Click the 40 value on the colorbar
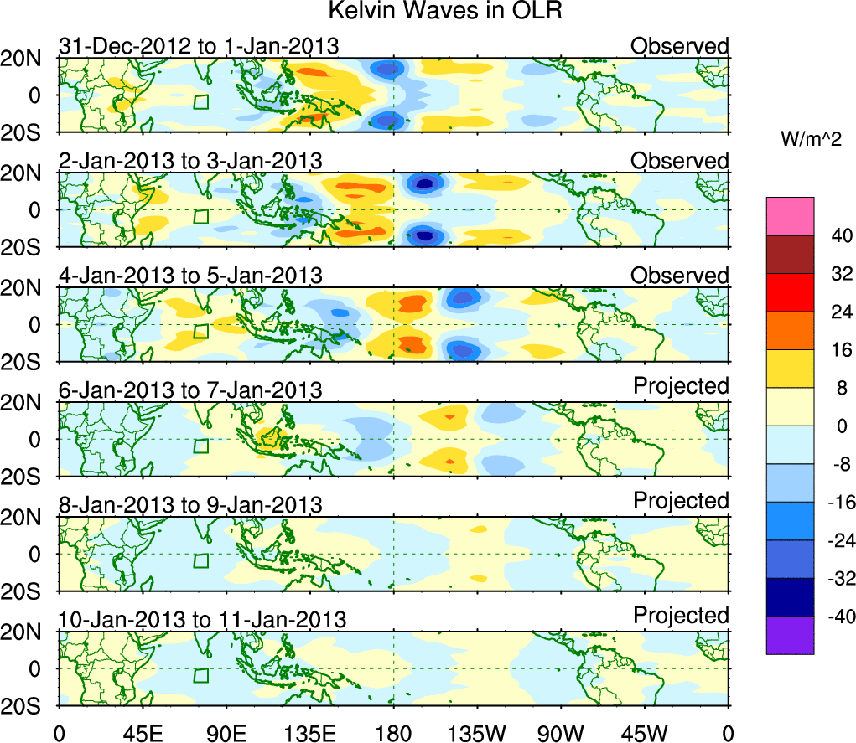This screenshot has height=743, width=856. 838,236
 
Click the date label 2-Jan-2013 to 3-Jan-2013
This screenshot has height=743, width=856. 190,161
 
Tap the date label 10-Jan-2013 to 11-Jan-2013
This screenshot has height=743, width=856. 202,620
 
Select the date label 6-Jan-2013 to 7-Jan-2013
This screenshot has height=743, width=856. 190,390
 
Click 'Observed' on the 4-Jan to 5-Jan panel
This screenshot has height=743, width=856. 680,275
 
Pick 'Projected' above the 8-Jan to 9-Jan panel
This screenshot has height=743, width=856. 681,501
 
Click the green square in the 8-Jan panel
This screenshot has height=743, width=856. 200,561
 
